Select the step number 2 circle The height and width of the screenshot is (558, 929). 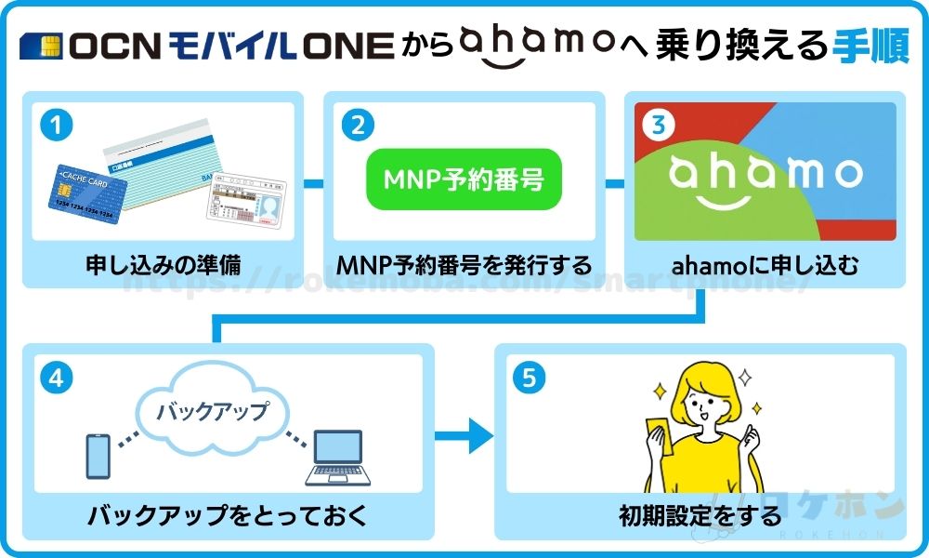359,126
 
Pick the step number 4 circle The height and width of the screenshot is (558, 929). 58,379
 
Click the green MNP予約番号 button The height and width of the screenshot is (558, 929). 463,177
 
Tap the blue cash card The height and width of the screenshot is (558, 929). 87,195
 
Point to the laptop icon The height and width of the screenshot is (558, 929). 338,459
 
